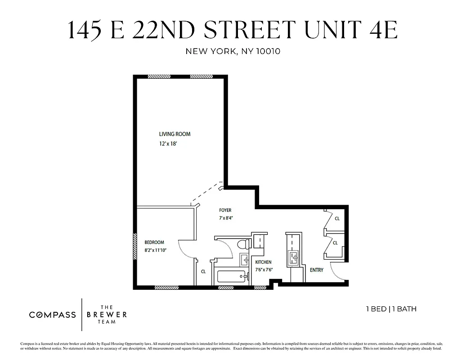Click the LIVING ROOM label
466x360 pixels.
175,134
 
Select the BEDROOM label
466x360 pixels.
154,242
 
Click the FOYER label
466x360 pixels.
225,210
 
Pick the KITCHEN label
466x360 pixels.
263,262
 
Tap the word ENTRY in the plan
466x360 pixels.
317,270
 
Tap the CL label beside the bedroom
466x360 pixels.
203,271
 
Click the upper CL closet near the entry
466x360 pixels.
337,219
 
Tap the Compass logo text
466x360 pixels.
53,315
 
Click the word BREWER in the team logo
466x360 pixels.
107,315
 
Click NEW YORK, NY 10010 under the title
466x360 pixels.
233,51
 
